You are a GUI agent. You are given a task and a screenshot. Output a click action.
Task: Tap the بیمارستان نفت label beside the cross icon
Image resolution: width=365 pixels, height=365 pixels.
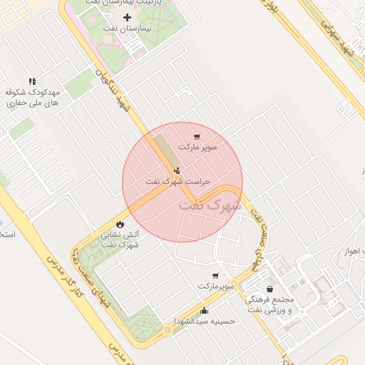128,31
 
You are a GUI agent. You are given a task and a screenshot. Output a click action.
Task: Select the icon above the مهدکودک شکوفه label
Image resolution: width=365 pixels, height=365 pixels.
31,81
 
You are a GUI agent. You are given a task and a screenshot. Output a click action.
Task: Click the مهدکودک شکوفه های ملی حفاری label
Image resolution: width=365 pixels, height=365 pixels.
32,98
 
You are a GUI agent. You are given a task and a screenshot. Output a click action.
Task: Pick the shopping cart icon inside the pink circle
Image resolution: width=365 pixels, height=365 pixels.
197,136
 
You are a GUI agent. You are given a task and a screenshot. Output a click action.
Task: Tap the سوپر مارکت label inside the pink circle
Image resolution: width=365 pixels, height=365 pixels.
197,148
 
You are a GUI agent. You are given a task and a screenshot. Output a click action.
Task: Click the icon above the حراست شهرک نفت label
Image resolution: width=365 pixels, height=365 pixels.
176,170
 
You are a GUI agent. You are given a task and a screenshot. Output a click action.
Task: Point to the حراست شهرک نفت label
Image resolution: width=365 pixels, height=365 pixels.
178,182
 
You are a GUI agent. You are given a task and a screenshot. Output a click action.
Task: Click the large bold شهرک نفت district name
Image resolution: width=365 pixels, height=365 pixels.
210,204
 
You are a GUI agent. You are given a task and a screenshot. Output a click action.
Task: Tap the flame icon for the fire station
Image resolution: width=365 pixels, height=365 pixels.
119,224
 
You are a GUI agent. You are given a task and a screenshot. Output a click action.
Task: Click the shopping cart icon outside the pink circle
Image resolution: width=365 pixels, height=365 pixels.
215,275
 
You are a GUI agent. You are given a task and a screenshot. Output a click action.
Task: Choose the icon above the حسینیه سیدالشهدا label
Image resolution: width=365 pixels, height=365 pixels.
205,310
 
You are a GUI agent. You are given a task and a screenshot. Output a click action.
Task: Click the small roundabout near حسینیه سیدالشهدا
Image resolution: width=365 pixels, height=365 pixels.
168,330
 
